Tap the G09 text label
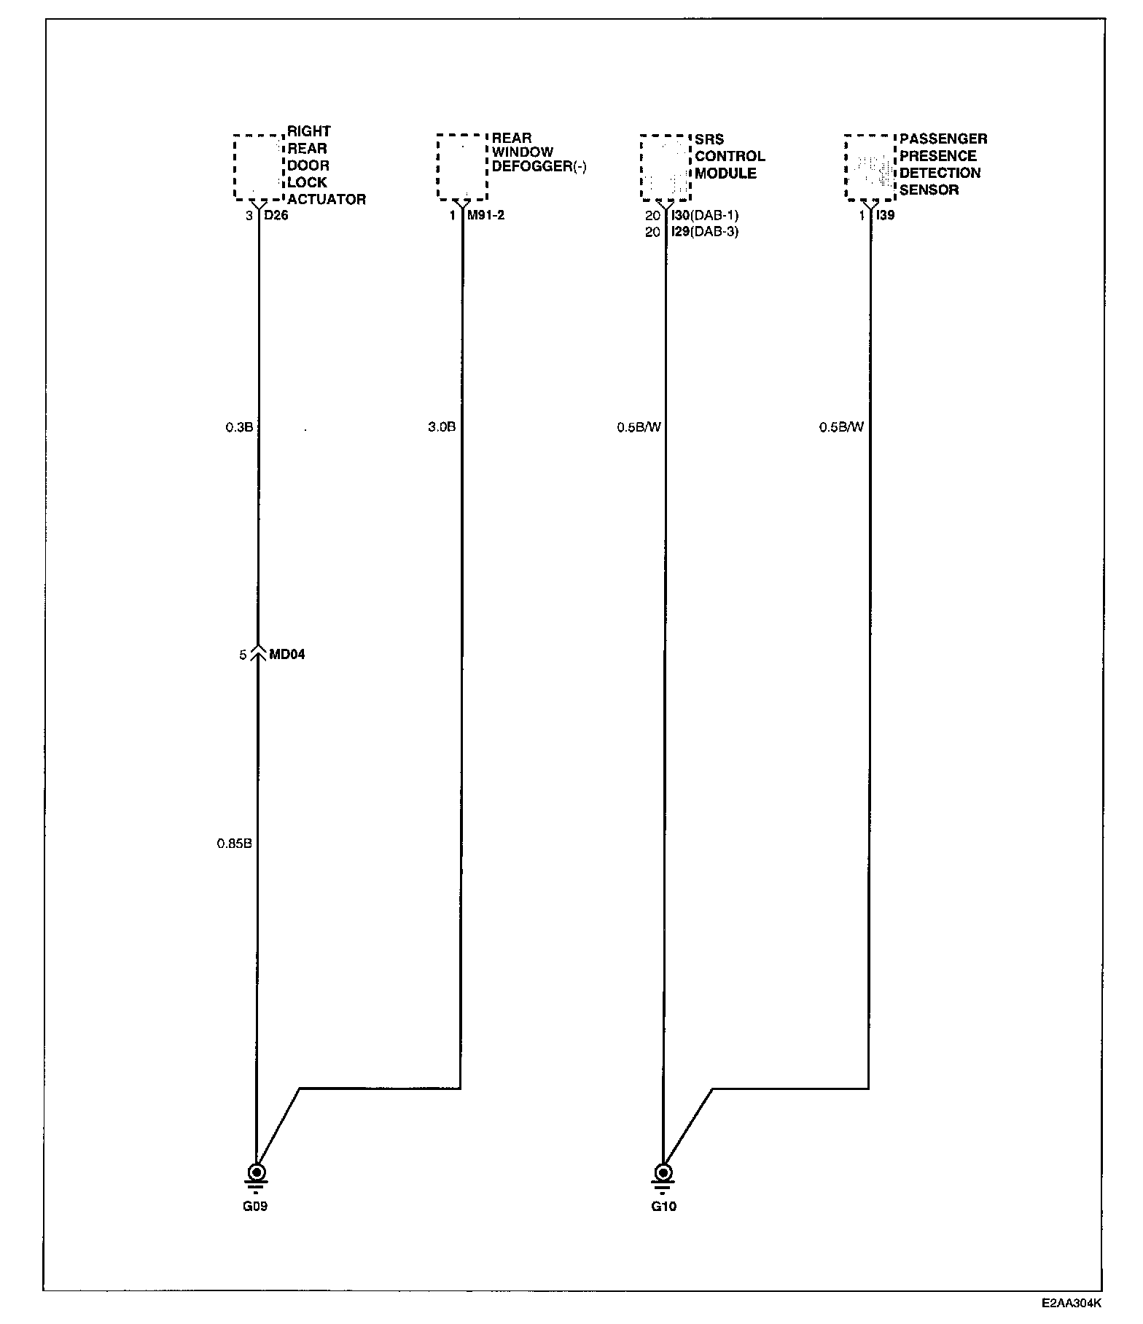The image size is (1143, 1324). coord(255,1207)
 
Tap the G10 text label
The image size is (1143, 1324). coord(663,1207)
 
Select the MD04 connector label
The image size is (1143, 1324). coord(287,655)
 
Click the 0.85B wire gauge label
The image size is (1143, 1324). coord(234,844)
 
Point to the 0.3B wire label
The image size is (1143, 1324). coord(239,427)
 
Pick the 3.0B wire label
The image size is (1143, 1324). coord(442,427)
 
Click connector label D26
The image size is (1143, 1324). coord(276,216)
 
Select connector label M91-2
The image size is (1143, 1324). coord(485,216)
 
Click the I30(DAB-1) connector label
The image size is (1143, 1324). coord(704,216)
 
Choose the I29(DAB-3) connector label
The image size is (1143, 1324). coord(704,233)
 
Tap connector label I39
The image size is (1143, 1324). coord(885,216)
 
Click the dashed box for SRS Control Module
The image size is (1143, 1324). coord(665,167)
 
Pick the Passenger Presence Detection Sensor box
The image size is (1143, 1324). coord(869,167)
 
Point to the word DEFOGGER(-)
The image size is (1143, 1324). coord(539,167)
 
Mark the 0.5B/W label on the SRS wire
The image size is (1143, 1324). coord(639,427)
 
